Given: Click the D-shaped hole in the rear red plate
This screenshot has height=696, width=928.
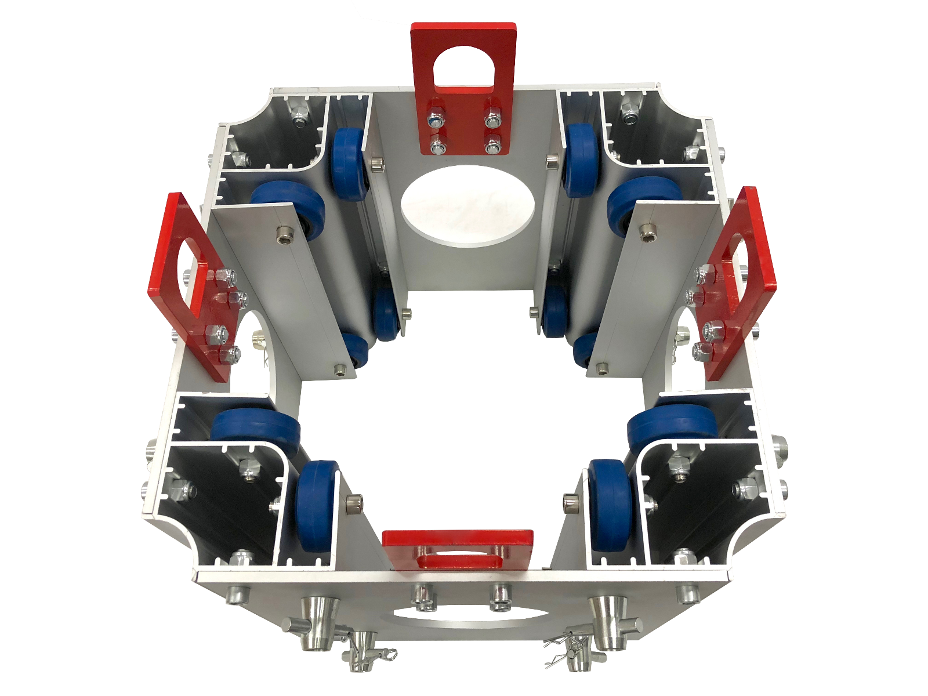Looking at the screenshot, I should pyautogui.click(x=463, y=66).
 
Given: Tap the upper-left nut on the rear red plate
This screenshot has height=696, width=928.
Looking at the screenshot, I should pyautogui.click(x=435, y=120).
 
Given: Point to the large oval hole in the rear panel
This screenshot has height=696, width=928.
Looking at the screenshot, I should pyautogui.click(x=467, y=206).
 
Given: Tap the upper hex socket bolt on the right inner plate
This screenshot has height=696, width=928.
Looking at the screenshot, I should pyautogui.click(x=646, y=232).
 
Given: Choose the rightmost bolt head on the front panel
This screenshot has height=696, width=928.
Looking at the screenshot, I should pyautogui.click(x=687, y=593).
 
